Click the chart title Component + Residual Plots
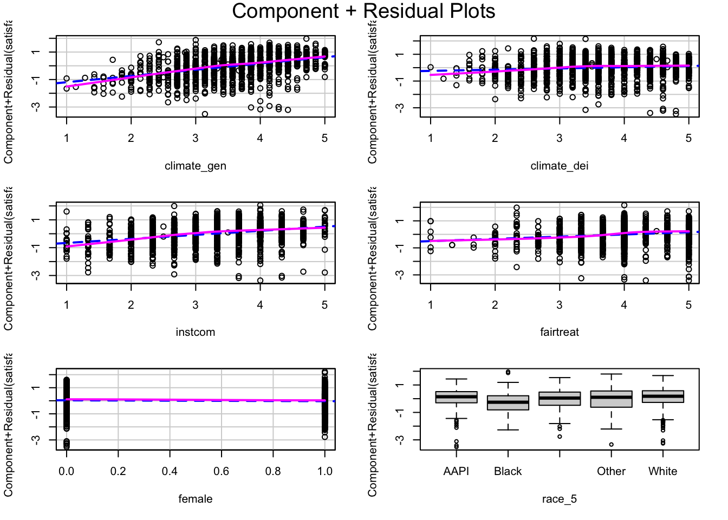(363, 11)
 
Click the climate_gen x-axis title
(196, 166)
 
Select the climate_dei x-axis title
(559, 166)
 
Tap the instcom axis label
(196, 332)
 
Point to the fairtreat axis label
(559, 332)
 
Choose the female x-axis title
(196, 499)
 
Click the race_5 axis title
(559, 499)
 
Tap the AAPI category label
(456, 471)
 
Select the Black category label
(508, 471)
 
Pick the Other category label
(611, 471)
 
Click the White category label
(662, 471)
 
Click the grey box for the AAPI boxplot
(456, 397)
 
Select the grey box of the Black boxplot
(508, 402)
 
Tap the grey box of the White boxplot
(662, 396)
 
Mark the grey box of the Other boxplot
(611, 399)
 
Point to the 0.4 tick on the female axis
(170, 471)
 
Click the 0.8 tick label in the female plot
(273, 471)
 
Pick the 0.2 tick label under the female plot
(118, 471)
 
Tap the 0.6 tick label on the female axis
(221, 471)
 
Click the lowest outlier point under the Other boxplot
(611, 445)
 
